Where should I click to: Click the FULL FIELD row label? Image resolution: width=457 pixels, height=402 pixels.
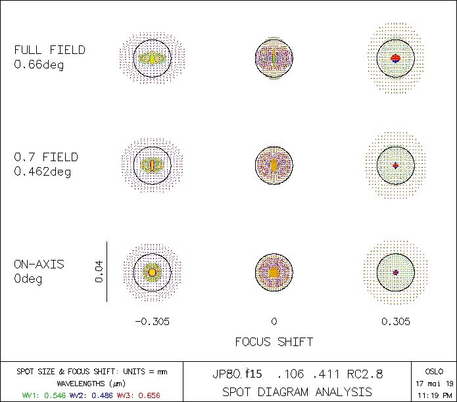point(50,50)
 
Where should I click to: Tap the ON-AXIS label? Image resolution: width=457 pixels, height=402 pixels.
point(39,264)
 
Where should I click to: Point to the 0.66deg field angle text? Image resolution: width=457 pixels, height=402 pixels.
point(39,65)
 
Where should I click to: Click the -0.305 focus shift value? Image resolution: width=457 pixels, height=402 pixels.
point(152,322)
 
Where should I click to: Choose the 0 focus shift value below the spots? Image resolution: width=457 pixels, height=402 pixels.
point(274,322)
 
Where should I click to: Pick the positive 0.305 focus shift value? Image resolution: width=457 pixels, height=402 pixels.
point(395,322)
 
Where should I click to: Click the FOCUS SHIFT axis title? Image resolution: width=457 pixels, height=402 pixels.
point(274,342)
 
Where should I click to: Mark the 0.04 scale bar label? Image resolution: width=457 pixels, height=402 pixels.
point(99,271)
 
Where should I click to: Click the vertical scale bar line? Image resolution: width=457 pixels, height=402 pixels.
point(107,271)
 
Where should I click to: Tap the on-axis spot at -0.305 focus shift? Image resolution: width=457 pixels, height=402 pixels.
point(152,271)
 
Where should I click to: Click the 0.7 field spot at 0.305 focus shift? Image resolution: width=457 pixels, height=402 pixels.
point(395,165)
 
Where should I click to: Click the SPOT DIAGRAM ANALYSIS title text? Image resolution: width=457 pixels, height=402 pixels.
point(297,391)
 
